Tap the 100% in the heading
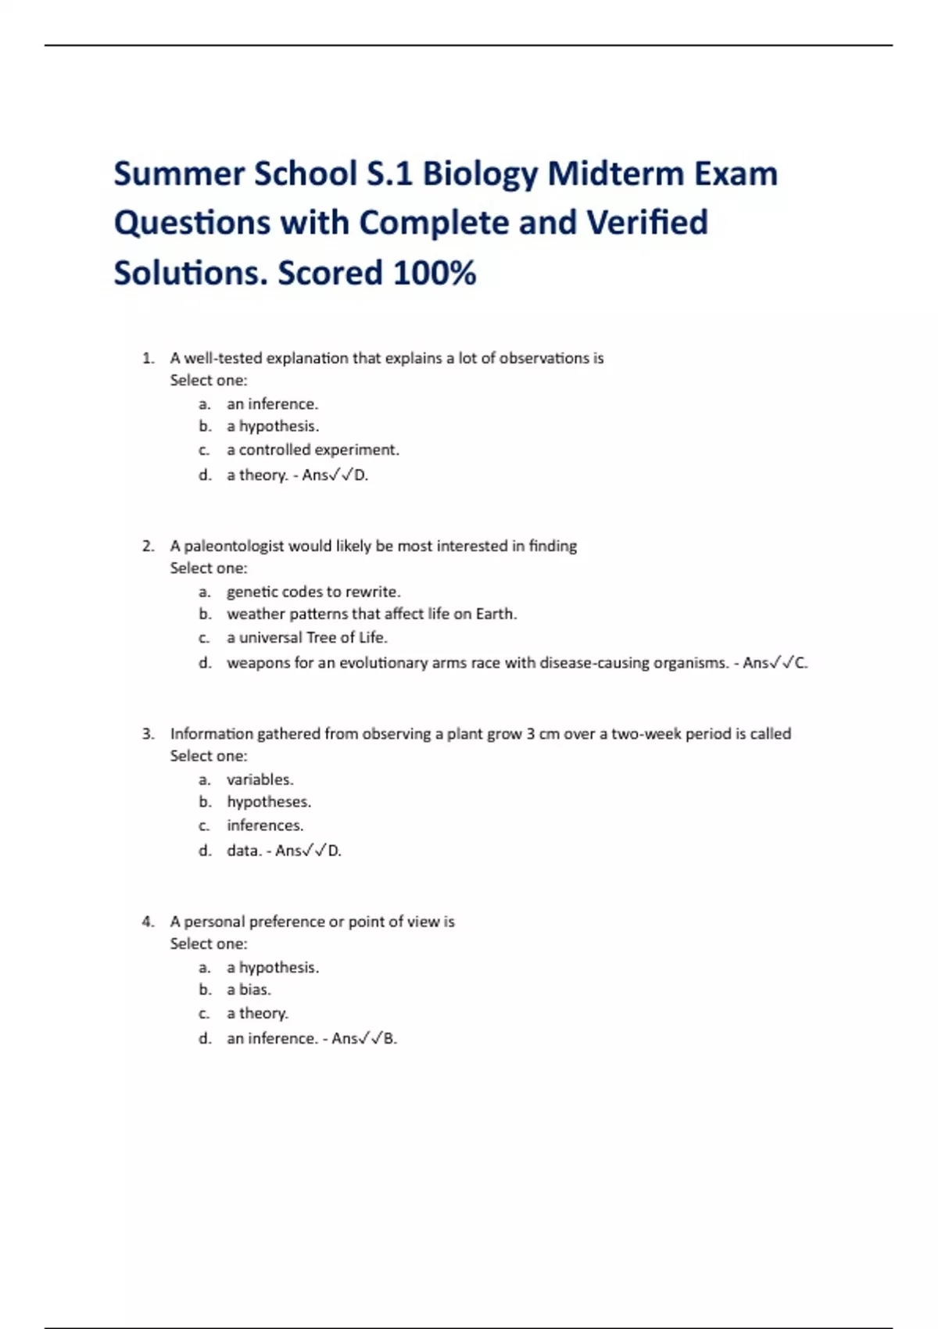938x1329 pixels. pos(435,274)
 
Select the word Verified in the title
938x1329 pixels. pos(647,224)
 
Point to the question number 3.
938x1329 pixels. pos(148,734)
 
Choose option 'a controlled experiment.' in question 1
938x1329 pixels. pos(313,450)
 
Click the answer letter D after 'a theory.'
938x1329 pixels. pos(360,475)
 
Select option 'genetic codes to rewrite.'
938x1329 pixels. pos(313,592)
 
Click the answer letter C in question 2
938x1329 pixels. pos(800,663)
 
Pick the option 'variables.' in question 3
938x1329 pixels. pos(260,779)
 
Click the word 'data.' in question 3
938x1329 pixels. pos(243,851)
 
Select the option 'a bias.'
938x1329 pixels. pos(249,990)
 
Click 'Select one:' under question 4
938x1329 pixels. pos(208,944)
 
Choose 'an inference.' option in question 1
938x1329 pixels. pos(272,404)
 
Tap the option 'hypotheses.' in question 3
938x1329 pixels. pos(269,802)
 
